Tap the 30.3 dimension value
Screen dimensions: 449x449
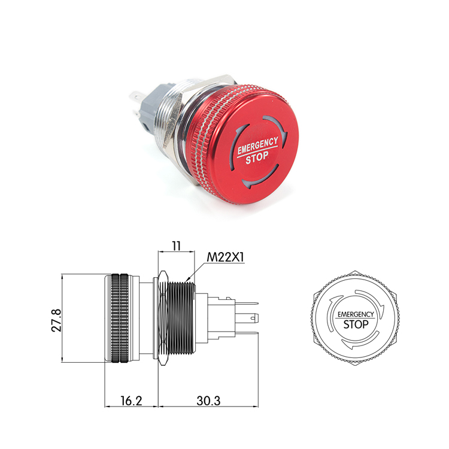(x=208, y=401)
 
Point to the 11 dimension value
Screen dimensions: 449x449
(x=176, y=245)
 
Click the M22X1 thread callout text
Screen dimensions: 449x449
(x=226, y=257)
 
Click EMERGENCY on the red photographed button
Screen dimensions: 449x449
(x=257, y=145)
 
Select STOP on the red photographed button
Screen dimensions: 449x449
(x=257, y=158)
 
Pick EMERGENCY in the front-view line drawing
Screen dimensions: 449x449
(x=356, y=314)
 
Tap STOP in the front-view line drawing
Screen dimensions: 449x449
(x=356, y=324)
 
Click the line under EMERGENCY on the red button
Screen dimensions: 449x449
(x=257, y=152)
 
